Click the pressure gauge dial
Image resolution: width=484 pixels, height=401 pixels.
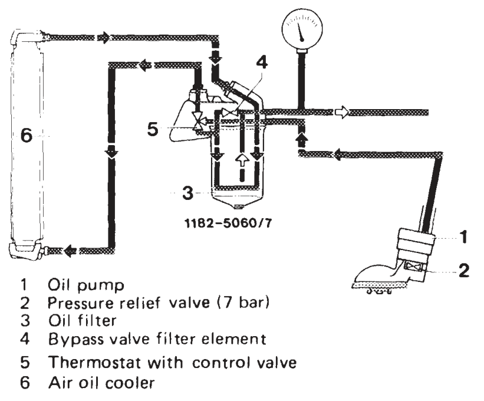[x=302, y=29]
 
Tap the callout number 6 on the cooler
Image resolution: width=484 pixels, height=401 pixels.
[x=27, y=135]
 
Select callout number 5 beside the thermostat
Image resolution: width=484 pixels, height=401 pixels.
[x=153, y=129]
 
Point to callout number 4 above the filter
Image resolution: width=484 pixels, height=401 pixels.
[x=261, y=63]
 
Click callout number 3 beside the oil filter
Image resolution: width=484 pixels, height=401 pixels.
[x=187, y=193]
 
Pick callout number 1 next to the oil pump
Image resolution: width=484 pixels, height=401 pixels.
[x=463, y=237]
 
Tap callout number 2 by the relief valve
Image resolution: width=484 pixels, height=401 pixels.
[x=463, y=271]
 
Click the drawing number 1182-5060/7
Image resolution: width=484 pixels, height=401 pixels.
[x=228, y=223]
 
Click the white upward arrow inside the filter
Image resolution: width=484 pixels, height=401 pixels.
[x=242, y=160]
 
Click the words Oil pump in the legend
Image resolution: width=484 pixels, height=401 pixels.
[x=86, y=285]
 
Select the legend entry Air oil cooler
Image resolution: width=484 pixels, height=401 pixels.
[x=101, y=383]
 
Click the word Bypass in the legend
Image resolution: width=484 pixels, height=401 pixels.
[x=76, y=340]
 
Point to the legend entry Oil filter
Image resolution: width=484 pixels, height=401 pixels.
[x=82, y=320]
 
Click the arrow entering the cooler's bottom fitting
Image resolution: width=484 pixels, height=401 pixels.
[x=70, y=251]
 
